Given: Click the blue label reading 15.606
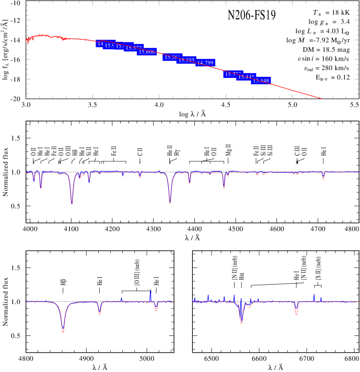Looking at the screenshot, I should (x=147, y=52).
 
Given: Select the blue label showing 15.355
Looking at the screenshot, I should (x=186, y=60).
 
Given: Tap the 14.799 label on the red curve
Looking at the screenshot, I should (x=205, y=63).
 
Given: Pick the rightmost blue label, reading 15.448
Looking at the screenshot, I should (x=261, y=80).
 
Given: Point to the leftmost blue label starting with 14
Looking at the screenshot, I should (x=100, y=43).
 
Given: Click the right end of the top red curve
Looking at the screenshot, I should (x=321, y=98).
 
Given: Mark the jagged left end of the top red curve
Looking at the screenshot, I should (x=27, y=41).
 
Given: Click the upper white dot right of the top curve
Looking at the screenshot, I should (x=298, y=64).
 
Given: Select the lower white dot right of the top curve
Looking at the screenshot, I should (x=304, y=74).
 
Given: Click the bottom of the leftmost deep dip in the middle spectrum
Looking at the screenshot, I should (x=72, y=203).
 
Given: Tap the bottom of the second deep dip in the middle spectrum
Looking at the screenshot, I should (x=170, y=202).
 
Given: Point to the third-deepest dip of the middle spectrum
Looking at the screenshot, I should (x=224, y=188).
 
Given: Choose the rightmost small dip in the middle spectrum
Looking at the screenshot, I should (x=323, y=179).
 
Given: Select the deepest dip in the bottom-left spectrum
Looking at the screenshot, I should (x=63, y=332).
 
